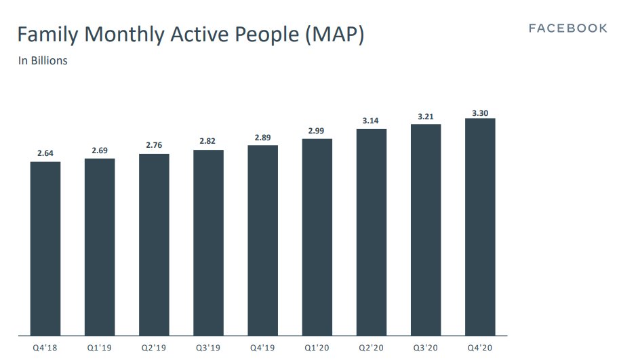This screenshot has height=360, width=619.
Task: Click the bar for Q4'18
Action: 45,248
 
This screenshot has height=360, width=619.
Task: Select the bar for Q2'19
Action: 154,244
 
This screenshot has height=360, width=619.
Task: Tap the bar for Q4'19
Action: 262,240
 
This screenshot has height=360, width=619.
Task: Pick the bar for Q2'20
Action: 371,232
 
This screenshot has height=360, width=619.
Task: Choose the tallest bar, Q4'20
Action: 480,226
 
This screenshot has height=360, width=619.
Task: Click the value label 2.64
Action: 45,153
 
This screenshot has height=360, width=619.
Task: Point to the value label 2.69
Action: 100,150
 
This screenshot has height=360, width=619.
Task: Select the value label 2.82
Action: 208,141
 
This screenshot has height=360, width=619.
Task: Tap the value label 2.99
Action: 317,130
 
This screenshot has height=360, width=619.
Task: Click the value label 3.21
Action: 426,116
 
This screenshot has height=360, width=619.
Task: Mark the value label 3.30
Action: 480,113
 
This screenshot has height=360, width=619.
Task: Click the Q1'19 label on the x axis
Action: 100,349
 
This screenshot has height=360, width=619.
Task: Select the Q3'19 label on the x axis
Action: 208,349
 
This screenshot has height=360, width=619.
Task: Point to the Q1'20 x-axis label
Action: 317,349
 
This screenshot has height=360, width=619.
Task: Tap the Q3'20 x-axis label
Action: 426,349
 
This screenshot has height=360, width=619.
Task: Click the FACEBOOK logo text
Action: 568,28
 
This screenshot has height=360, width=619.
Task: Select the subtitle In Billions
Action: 43,61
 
